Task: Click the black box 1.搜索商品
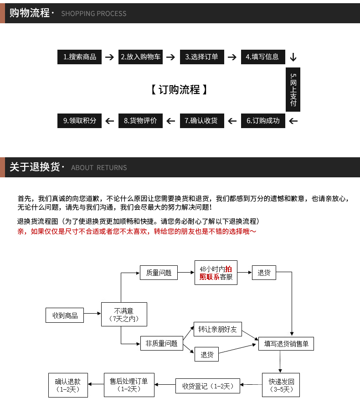coord(80,57)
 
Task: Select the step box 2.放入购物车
coord(141,57)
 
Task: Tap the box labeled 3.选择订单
coord(202,57)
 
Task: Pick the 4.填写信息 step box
coord(263,57)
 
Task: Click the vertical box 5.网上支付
coord(293,90)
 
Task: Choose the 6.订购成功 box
coord(263,121)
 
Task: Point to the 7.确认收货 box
coord(202,121)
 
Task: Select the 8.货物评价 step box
coord(141,121)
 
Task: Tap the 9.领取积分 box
coord(80,121)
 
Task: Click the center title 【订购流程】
coord(180,89)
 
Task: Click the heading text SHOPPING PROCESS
coord(94,14)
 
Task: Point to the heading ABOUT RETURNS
coord(99,168)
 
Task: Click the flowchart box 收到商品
coord(65,315)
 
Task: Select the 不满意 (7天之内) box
coord(124,314)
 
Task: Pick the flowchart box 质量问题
coord(159,273)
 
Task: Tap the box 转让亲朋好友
coord(218,330)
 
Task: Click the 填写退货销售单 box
coord(286,344)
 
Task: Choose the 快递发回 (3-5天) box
coord(281,385)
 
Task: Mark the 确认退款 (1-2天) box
coord(68,385)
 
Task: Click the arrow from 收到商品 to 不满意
coord(93,314)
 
